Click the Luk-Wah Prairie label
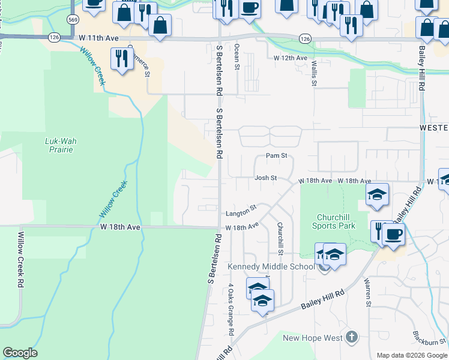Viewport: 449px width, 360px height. pyautogui.click(x=61, y=145)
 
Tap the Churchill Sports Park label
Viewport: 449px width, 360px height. pyautogui.click(x=333, y=221)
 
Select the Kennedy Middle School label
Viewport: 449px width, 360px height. pyautogui.click(x=270, y=266)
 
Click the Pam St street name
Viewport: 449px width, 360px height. pyautogui.click(x=276, y=156)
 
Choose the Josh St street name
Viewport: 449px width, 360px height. pyautogui.click(x=265, y=178)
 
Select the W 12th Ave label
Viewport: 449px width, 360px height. pyautogui.click(x=291, y=58)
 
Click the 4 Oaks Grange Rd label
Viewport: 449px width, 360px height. pyautogui.click(x=231, y=310)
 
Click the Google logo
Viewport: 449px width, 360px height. pyautogui.click(x=20, y=353)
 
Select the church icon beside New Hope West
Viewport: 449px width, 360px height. pyautogui.click(x=352, y=338)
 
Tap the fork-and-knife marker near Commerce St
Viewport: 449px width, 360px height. pyautogui.click(x=122, y=59)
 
